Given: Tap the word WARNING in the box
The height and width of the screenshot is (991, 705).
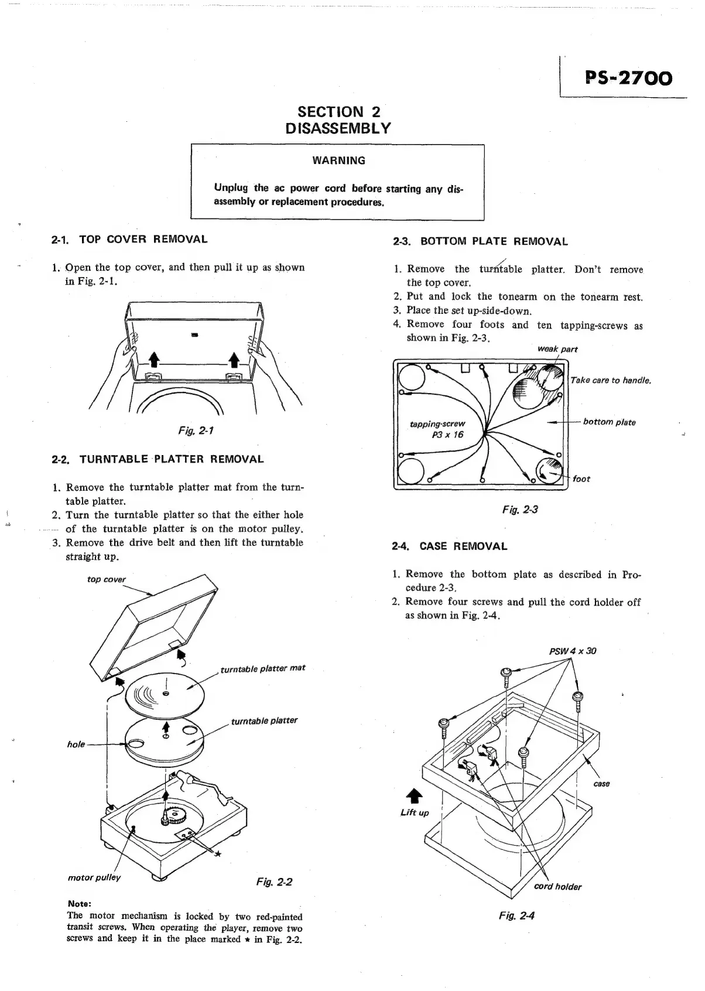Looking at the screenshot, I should [x=338, y=160].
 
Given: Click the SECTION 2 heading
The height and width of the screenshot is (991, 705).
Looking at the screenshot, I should [x=338, y=111].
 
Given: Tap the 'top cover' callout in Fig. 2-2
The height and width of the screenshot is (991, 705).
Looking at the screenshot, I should [x=106, y=579].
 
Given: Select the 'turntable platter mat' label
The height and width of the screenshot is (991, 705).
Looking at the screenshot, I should [x=262, y=668].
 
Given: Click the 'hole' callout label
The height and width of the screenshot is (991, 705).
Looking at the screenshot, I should [x=76, y=744].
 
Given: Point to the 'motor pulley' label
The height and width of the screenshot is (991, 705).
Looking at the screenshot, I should [x=94, y=877].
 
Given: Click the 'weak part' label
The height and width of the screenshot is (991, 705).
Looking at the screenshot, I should [x=557, y=349].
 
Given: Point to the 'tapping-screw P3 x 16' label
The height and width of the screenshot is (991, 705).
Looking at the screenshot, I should [x=446, y=429].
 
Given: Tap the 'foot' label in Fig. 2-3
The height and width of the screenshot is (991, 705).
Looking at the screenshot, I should [x=581, y=479].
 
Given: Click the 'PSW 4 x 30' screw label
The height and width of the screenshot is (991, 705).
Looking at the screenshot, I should [x=573, y=651].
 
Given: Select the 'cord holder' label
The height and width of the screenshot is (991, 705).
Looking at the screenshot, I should [x=557, y=887].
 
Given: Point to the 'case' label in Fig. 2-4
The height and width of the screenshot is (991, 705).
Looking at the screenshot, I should [x=601, y=784].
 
